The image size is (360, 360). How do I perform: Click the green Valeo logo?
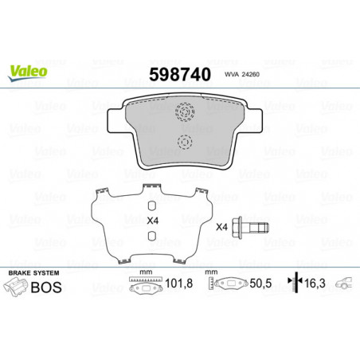pos(28,72)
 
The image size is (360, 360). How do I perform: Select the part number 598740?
pos(180,74)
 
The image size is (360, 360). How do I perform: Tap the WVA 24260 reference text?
pos(242,74)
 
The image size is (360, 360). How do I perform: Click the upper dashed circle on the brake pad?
pos(185,112)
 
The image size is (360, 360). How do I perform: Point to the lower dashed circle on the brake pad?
pos(185,142)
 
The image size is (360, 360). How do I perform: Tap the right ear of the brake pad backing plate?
pos(253,121)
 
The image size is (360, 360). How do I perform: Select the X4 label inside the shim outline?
pos(153,221)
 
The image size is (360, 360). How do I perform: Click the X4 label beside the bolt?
pos(222,227)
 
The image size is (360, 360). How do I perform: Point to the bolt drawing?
pos(250,228)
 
